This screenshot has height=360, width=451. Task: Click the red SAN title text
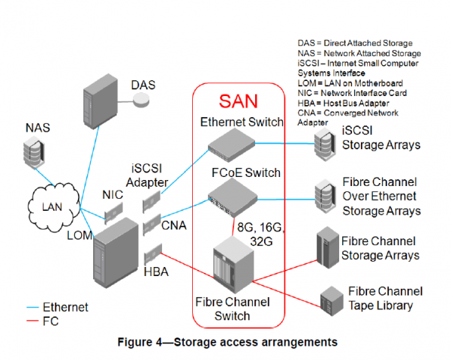[240, 100]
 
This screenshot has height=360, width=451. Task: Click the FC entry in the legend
[51, 320]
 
